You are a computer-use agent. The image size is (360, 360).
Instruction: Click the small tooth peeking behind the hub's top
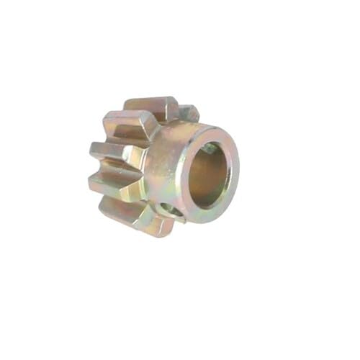[x=189, y=112]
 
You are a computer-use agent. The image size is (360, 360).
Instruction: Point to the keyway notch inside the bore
[x=209, y=148]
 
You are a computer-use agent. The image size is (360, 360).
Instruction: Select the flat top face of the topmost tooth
[x=151, y=103]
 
